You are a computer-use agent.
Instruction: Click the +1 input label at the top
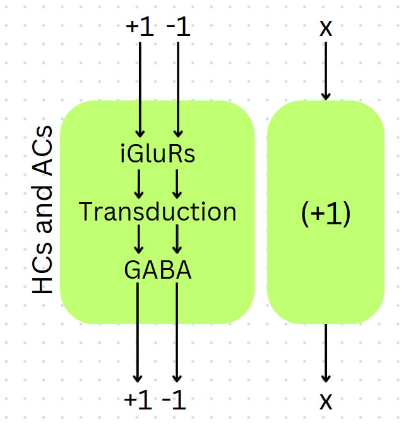pos(140,28)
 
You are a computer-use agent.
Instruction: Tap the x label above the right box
pos(326,28)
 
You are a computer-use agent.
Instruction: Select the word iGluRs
pos(158,154)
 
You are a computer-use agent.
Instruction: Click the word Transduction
pos(158,212)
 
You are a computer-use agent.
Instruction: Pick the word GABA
pos(158,270)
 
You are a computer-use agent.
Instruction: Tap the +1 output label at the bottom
pos(139,399)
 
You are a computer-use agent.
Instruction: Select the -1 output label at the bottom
pos(175,399)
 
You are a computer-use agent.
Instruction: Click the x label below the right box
pos(326,401)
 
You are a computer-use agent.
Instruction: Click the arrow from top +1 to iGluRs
pos(140,88)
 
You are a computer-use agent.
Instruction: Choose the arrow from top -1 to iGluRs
pos(177,88)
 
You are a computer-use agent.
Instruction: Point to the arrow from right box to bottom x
pos(326,354)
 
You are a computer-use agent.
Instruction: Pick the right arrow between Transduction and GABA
pos(177,241)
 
